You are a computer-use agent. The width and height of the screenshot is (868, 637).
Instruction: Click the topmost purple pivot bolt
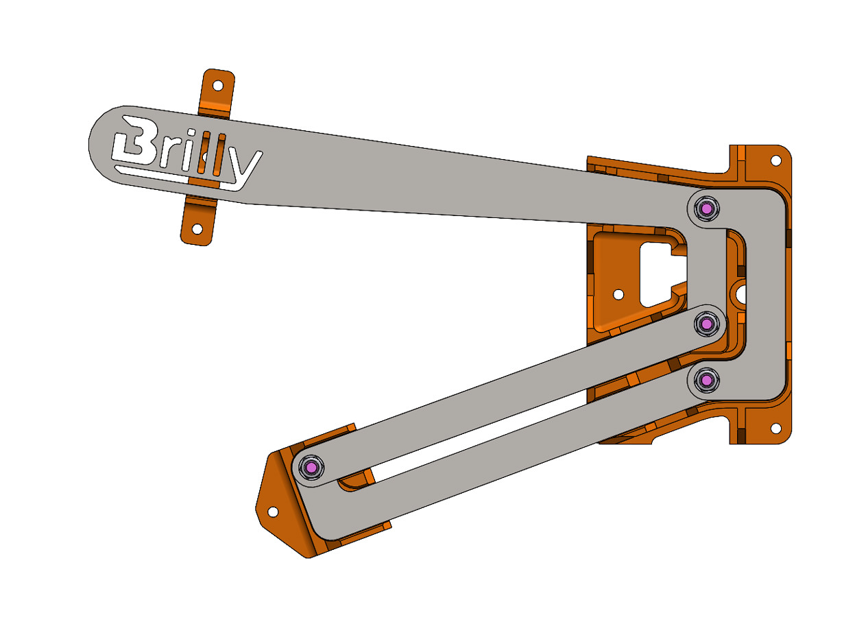pos(706,208)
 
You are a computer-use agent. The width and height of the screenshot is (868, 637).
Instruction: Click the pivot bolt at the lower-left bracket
pos(312,468)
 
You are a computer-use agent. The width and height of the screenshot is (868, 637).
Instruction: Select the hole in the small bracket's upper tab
pos(217,86)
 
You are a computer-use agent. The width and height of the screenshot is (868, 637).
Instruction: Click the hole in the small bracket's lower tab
pos(197,228)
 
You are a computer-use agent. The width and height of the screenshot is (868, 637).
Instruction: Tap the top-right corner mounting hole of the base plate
pos(775,160)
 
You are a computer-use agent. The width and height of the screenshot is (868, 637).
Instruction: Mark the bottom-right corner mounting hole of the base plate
pos(775,428)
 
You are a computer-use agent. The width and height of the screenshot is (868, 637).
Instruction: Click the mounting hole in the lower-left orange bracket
pos(272,512)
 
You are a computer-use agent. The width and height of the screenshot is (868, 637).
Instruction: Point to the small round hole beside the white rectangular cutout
pos(618,294)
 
